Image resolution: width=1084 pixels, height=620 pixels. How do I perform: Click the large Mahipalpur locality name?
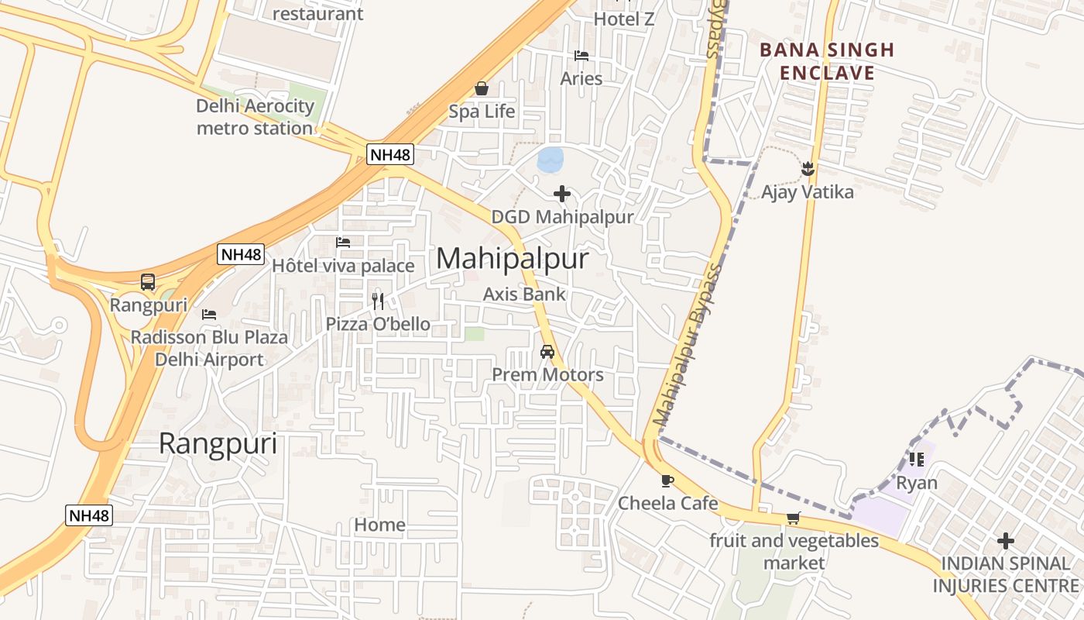[x=513, y=259]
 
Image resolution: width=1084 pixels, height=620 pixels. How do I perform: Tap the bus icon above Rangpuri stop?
[x=148, y=282]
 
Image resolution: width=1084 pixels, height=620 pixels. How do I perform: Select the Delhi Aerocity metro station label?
[x=255, y=117]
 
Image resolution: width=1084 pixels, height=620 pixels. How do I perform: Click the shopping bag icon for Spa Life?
[x=482, y=89]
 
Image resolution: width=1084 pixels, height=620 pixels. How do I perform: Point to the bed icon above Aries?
[x=581, y=56]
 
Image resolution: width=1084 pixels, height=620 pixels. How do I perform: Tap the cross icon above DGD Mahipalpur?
[x=563, y=194]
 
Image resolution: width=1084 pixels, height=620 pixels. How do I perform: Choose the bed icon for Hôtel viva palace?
[x=344, y=243]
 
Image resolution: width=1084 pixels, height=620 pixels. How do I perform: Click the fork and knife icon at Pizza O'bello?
[x=378, y=301]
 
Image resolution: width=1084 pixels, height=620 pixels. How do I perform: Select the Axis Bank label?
[x=524, y=294]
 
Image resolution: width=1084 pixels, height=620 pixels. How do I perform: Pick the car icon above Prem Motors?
[x=547, y=352]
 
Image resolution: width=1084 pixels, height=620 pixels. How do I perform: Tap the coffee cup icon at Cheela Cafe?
[x=667, y=480]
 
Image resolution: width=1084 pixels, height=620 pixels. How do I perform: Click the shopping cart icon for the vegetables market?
[x=793, y=518]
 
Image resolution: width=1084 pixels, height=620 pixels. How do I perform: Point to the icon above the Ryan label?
[x=917, y=460]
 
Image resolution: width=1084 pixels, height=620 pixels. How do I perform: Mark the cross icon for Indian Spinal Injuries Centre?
[x=1006, y=540]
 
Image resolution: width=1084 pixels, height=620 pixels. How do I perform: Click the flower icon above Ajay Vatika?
[x=808, y=168]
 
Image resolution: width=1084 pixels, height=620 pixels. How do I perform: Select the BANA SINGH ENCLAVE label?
[x=827, y=62]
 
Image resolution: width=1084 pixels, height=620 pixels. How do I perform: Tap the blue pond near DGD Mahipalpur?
[x=550, y=160]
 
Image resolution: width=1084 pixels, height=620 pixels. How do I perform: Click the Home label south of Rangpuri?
[x=379, y=525]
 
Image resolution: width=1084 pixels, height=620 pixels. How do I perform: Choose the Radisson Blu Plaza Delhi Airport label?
[x=209, y=349]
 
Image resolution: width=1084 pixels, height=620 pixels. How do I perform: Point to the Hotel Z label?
[x=624, y=19]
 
